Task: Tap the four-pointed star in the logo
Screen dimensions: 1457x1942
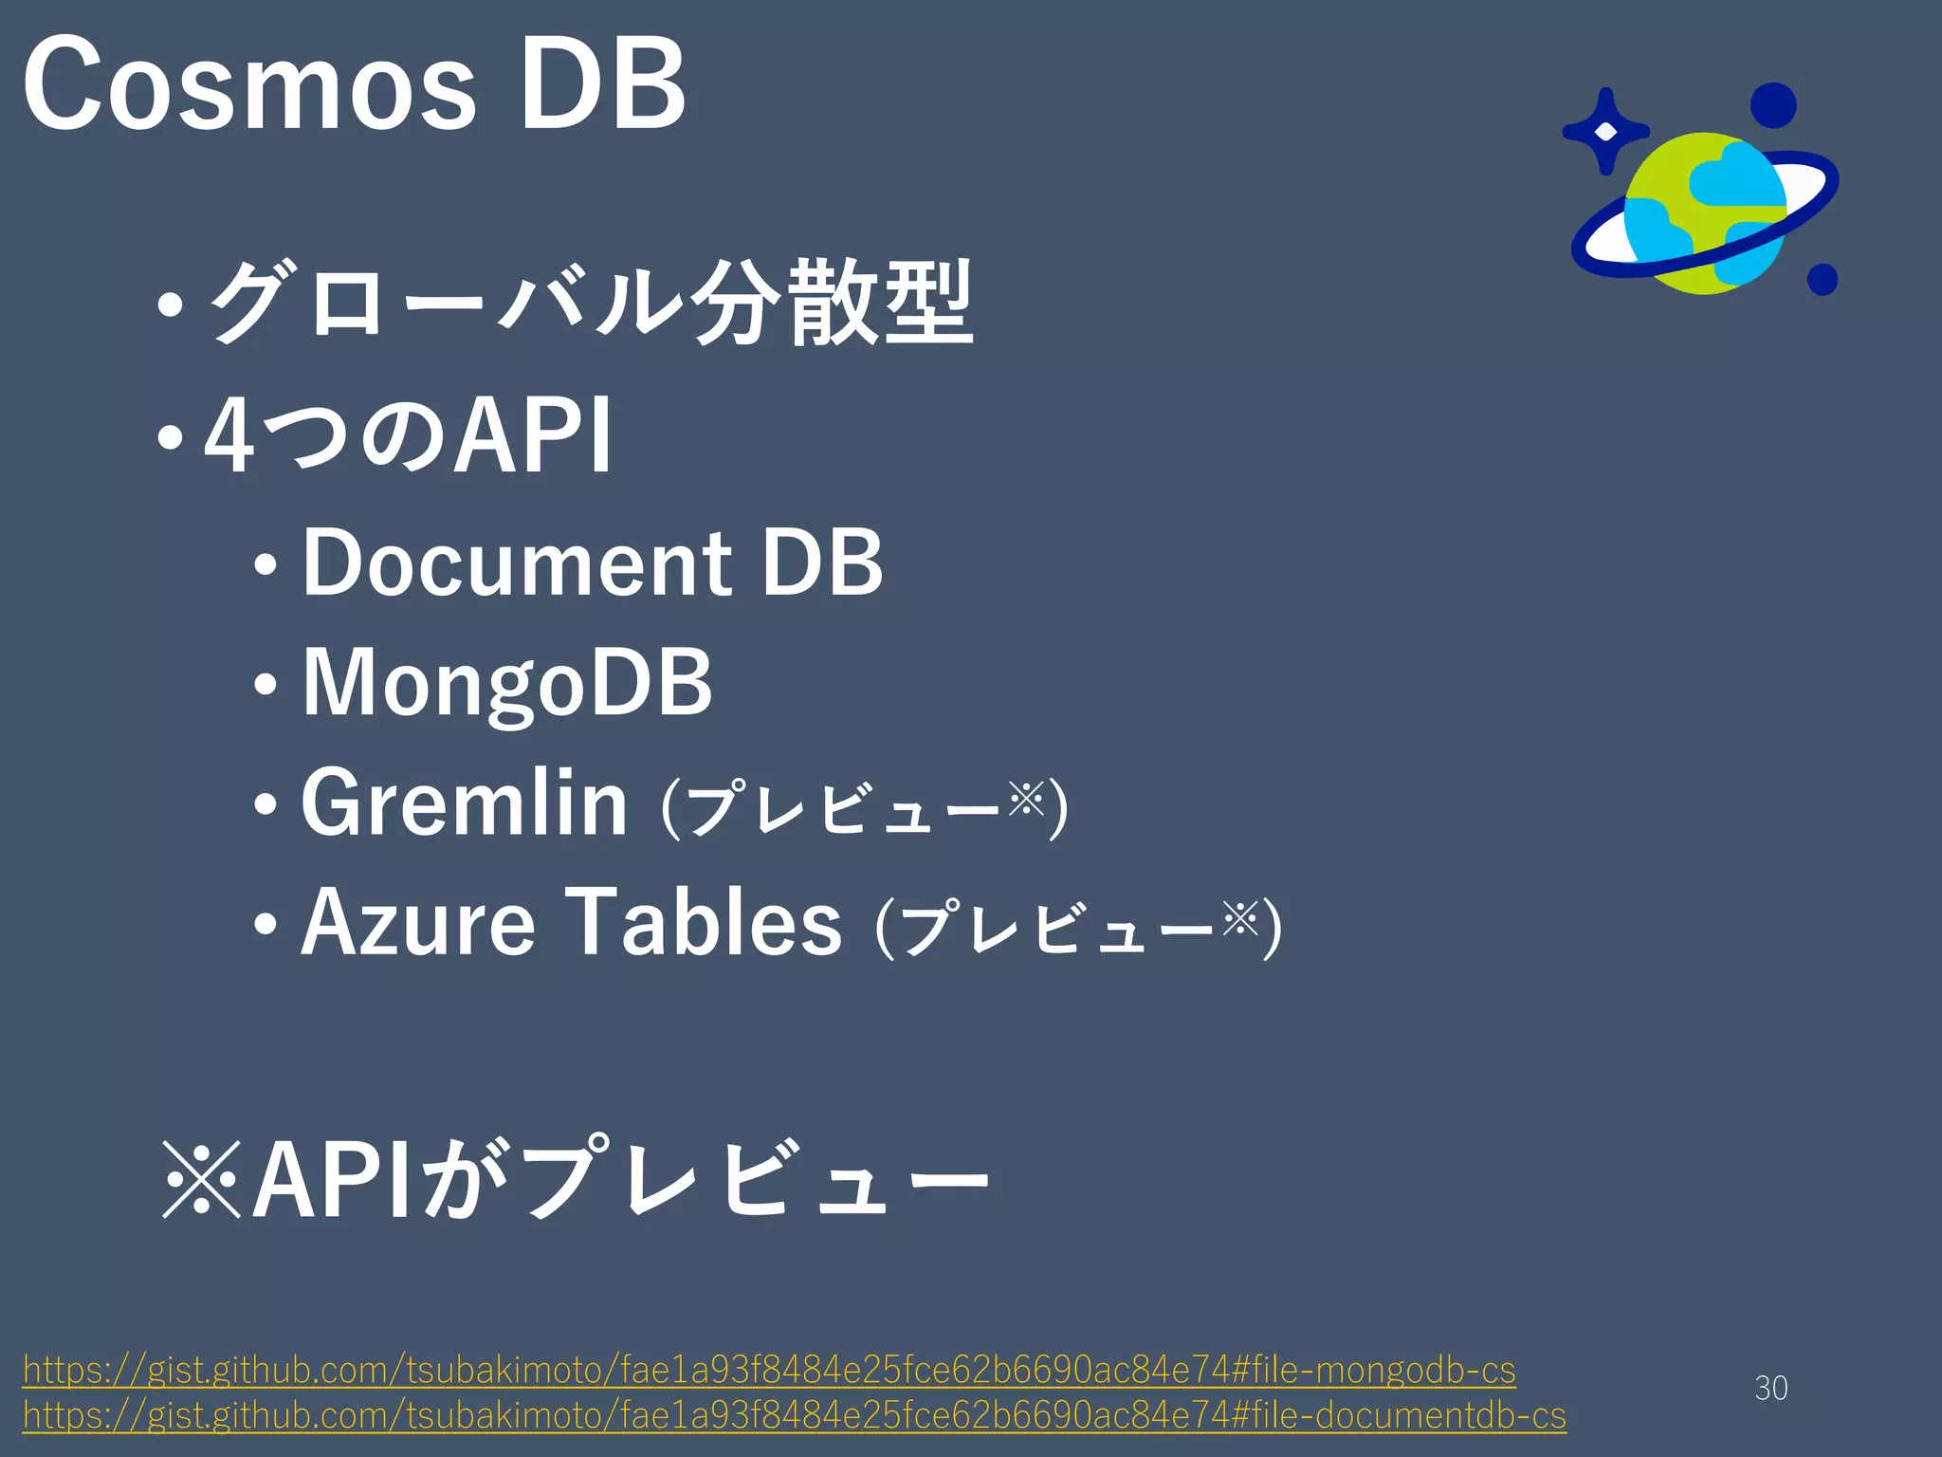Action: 1604,131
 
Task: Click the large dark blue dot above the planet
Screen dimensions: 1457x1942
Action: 1772,105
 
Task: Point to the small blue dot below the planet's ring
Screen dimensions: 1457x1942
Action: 1822,279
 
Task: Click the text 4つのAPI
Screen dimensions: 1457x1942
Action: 409,435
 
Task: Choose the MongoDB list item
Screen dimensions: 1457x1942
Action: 506,683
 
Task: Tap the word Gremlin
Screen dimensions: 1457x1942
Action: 464,804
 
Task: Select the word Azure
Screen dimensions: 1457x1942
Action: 418,922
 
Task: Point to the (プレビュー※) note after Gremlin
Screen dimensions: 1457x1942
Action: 864,807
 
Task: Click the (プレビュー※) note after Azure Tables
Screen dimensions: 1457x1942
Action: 1077,927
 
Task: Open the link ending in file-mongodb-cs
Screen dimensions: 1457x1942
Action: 769,1370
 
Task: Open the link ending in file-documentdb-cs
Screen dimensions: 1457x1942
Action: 794,1415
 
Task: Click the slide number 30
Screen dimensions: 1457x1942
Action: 1770,1388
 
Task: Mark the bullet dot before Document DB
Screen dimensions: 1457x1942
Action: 266,566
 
